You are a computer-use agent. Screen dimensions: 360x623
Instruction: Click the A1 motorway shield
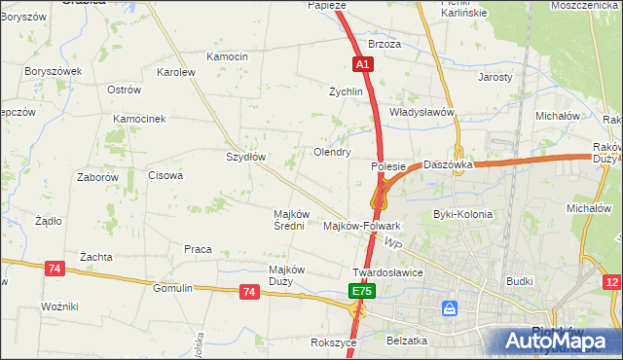(361, 63)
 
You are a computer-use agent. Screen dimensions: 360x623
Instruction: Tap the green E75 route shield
(361, 291)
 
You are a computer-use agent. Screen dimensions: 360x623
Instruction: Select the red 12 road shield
(611, 282)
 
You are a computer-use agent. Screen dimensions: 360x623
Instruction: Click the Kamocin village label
(227, 57)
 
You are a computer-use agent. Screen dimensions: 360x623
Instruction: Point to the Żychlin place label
(346, 91)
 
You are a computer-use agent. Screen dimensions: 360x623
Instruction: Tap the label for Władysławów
(422, 112)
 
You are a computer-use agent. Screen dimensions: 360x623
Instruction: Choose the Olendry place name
(331, 153)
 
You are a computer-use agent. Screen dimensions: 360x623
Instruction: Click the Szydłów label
(245, 157)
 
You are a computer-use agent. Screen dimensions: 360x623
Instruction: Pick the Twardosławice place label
(387, 272)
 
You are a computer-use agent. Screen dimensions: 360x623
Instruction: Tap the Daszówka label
(448, 165)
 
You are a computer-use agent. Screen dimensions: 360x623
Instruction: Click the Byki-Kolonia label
(462, 214)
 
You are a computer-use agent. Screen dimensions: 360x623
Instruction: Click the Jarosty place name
(495, 76)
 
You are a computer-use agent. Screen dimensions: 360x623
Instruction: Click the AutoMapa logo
(556, 340)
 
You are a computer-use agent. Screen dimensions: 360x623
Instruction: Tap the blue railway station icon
(450, 308)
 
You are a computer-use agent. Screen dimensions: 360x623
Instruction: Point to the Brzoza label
(385, 45)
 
